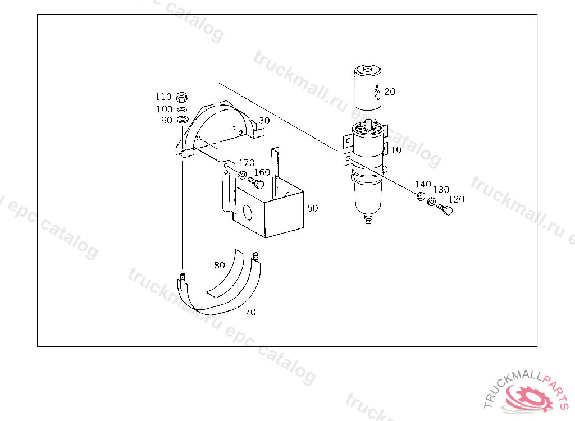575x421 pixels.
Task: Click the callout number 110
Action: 163,97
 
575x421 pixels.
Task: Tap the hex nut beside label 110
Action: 182,97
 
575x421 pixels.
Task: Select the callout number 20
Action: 390,91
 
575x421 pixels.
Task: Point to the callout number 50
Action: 312,208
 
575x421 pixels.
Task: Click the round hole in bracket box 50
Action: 248,213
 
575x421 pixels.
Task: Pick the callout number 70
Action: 250,312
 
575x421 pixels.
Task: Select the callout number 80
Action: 220,265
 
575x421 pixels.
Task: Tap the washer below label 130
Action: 432,202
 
